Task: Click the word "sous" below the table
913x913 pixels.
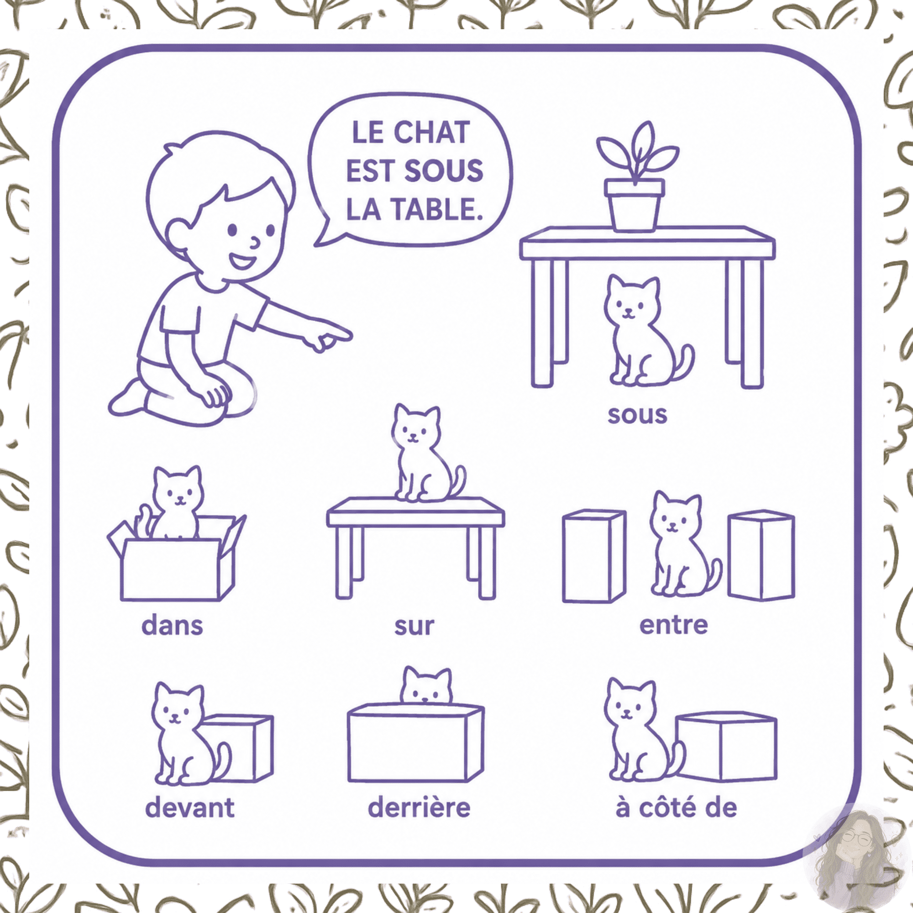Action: (637, 415)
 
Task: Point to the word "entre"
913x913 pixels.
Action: (673, 625)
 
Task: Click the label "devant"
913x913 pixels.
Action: (189, 808)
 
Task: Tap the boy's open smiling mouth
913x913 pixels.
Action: (242, 262)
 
